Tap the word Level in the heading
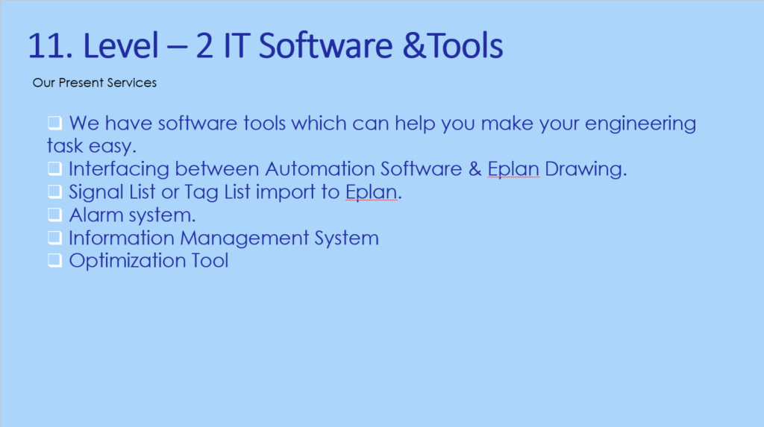pyautogui.click(x=122, y=45)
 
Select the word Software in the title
pyautogui.click(x=325, y=45)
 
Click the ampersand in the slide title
pyautogui.click(x=414, y=45)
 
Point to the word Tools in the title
pyautogui.click(x=466, y=45)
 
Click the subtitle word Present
pyautogui.click(x=81, y=83)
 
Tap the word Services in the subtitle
pyautogui.click(x=132, y=83)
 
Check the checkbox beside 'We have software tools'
pyautogui.click(x=54, y=123)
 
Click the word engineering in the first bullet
pyautogui.click(x=640, y=124)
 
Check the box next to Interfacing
pyautogui.click(x=54, y=168)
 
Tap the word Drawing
pyautogui.click(x=586, y=169)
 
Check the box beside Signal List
pyautogui.click(x=54, y=192)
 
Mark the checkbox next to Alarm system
pyautogui.click(x=54, y=214)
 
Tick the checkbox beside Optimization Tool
pyautogui.click(x=54, y=260)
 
